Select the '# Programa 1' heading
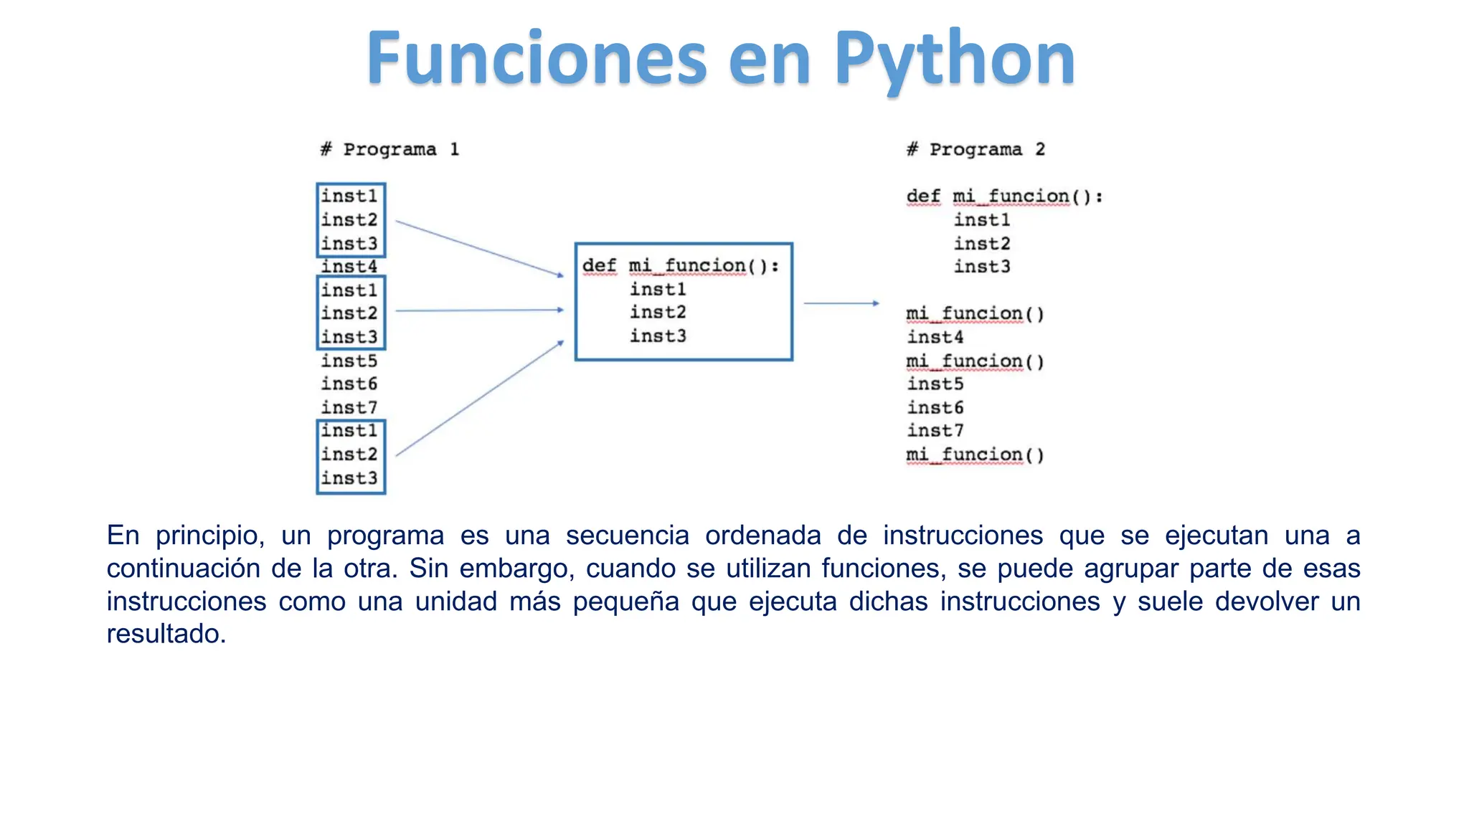coord(389,150)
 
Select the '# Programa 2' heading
coord(976,150)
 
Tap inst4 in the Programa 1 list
coord(349,267)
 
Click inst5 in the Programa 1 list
coord(349,361)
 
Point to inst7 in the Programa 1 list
coord(349,407)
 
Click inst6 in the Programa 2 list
coord(935,407)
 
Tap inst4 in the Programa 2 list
coord(935,337)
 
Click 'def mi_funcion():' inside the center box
coord(680,266)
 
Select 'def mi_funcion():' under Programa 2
coord(1004,196)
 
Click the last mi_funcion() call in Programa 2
coord(975,455)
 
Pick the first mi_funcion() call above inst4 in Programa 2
coord(975,314)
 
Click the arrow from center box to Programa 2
coord(841,303)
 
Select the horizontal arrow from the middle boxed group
coord(479,310)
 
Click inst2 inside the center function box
coord(658,313)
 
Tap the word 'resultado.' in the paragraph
coord(166,634)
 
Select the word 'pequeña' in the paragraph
coord(625,602)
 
